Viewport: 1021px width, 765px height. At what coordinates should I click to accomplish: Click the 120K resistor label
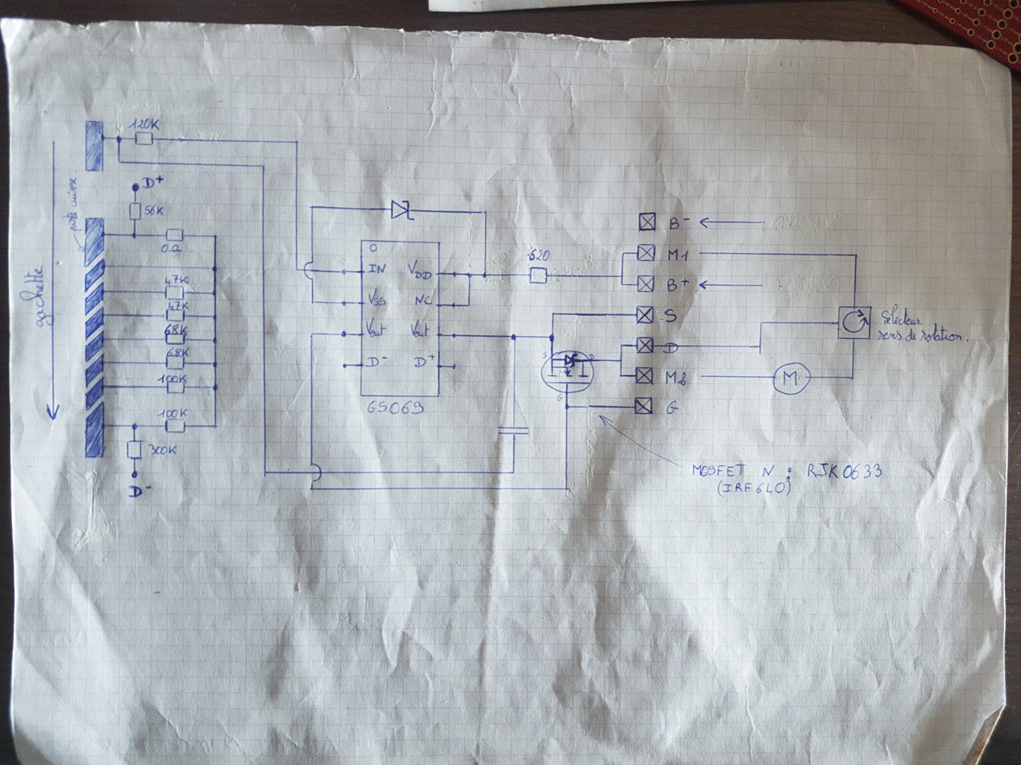pyautogui.click(x=145, y=124)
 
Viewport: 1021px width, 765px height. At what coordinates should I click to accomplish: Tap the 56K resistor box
pyautogui.click(x=135, y=211)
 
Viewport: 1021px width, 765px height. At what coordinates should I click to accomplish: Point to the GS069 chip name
pyautogui.click(x=396, y=408)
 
